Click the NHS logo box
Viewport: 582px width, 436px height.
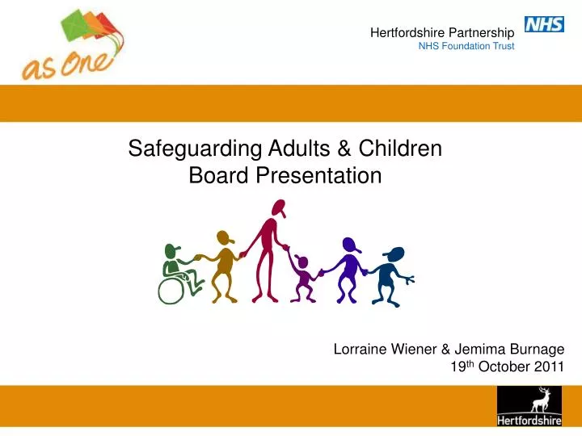click(544, 24)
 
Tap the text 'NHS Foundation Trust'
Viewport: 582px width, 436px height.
click(466, 46)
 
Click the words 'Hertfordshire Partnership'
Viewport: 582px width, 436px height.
click(442, 32)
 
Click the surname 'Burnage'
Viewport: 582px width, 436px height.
click(537, 350)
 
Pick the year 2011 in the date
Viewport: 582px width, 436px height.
click(549, 368)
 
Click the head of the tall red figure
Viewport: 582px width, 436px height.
click(277, 210)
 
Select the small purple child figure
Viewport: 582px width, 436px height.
click(304, 279)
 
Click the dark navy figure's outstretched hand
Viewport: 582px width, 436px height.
click(411, 279)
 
